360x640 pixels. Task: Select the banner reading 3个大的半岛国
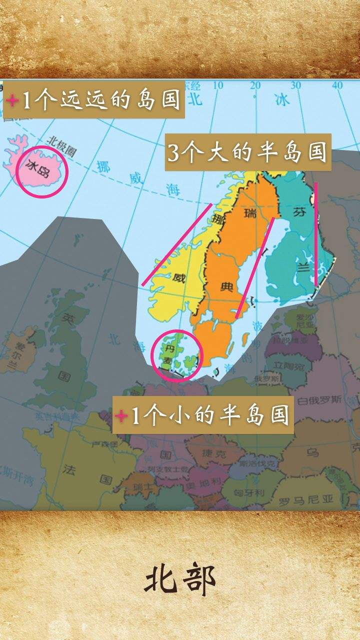(248, 152)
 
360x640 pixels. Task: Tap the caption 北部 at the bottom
(180, 580)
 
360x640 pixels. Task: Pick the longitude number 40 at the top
(337, 85)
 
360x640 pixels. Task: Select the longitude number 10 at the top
(218, 85)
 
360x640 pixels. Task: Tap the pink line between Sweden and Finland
(255, 268)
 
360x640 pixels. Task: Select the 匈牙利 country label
(249, 492)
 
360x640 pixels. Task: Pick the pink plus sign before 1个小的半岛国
(120, 415)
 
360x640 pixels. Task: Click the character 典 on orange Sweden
(227, 286)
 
